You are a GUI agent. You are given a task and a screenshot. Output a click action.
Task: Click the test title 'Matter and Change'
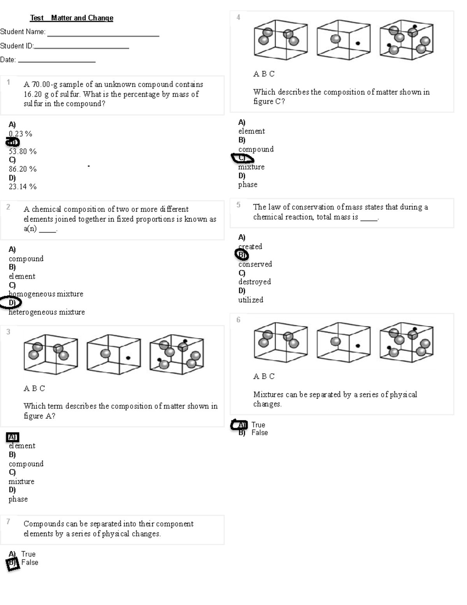[82, 18]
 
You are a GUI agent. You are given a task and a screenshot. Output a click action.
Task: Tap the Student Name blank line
[103, 35]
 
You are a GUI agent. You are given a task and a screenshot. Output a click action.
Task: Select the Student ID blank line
[81, 48]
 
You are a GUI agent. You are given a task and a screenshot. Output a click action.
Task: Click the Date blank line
[57, 62]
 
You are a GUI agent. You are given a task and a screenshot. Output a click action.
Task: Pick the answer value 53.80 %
[23, 152]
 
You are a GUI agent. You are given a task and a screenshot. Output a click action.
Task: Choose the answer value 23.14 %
[23, 187]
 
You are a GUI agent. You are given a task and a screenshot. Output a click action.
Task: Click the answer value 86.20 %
[23, 169]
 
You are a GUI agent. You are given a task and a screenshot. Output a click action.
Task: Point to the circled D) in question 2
[11, 303]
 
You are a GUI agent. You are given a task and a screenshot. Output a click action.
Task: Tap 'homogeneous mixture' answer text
[46, 294]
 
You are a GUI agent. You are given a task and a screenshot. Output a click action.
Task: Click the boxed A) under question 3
[12, 437]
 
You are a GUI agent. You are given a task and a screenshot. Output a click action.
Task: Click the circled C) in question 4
[242, 158]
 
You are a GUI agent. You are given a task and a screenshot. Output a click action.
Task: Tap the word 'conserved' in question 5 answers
[255, 264]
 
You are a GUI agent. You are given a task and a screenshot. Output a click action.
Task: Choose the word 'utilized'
[251, 300]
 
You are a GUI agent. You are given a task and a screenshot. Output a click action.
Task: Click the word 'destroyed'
[255, 282]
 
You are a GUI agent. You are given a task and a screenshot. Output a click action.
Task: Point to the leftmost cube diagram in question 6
[281, 342]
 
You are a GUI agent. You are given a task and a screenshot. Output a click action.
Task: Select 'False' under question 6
[260, 433]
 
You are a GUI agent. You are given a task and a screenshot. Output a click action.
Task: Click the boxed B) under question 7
[13, 563]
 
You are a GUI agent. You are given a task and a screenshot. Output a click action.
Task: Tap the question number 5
[239, 205]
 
